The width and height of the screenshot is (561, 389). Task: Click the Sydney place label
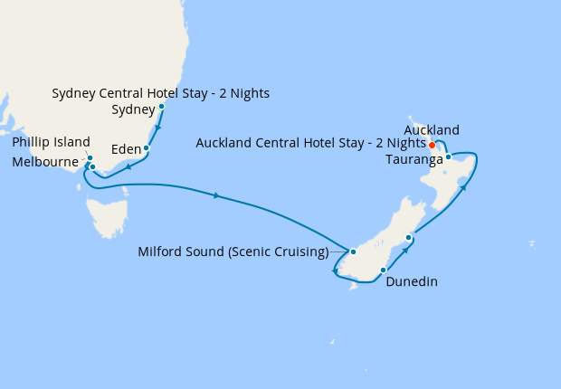[132, 110]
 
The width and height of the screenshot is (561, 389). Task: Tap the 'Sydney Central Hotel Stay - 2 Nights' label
[161, 93]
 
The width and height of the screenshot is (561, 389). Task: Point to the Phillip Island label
[51, 142]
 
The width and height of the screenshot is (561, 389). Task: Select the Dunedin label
[412, 281]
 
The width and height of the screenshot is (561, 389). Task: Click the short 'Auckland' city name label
[432, 129]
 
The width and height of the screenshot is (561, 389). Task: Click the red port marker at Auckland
[433, 145]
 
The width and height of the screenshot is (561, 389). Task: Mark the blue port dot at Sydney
[162, 107]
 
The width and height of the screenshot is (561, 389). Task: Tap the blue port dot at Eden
[147, 147]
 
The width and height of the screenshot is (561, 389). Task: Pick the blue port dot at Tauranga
[449, 157]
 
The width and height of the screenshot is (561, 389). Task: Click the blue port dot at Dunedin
[384, 270]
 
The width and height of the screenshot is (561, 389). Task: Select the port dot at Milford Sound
[354, 251]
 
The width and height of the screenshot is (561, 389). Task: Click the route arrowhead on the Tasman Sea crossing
[216, 194]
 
